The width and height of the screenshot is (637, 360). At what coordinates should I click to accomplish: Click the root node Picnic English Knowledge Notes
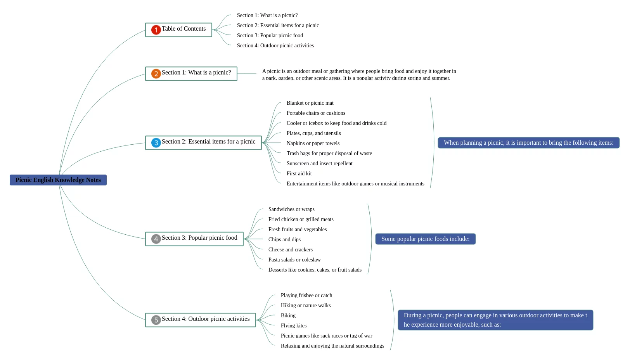click(x=58, y=180)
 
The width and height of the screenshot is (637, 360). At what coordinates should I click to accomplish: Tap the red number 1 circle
click(x=156, y=29)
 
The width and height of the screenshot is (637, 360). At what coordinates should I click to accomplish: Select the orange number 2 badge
click(x=156, y=74)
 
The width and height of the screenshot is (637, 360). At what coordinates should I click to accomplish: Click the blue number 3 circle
click(x=156, y=143)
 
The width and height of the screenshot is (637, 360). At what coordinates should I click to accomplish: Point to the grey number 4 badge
click(x=156, y=239)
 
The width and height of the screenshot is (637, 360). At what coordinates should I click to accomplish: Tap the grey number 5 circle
click(x=156, y=320)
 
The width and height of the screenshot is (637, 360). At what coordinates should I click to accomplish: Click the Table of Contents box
click(x=178, y=30)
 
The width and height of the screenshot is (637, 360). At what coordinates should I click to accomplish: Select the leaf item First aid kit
click(x=299, y=173)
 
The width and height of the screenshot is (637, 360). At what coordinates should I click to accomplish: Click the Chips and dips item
click(x=284, y=239)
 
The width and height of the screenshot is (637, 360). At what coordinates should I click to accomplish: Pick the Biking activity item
click(x=288, y=315)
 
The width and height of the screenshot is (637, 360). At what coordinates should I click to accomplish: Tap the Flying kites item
click(x=293, y=325)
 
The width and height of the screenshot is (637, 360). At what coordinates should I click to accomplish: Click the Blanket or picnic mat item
click(x=310, y=103)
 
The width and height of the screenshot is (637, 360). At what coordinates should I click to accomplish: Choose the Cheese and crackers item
click(x=290, y=249)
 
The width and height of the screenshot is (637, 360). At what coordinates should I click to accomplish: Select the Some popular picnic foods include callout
click(x=426, y=239)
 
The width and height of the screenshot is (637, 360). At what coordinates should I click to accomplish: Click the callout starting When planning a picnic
click(x=529, y=143)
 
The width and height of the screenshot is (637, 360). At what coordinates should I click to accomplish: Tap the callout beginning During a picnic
click(x=495, y=320)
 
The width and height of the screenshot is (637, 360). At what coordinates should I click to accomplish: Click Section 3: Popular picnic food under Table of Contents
click(x=270, y=35)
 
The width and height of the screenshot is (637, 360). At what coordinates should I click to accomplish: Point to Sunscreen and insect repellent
click(x=319, y=163)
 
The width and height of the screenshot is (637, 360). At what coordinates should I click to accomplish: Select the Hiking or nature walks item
click(x=306, y=305)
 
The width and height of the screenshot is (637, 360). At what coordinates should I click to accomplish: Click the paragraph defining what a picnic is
click(x=359, y=74)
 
